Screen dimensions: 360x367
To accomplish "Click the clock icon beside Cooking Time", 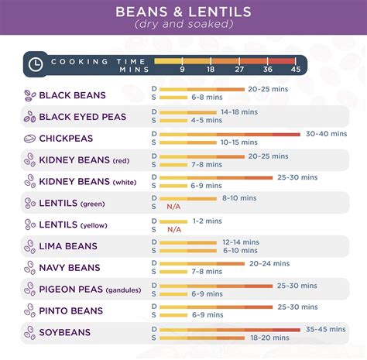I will click(35, 64).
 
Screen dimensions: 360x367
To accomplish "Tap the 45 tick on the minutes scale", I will click(295, 69).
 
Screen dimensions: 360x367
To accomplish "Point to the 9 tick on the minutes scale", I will click(182, 69).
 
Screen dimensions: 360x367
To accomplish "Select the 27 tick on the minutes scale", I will click(238, 69).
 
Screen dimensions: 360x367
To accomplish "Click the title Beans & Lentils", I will click(183, 12).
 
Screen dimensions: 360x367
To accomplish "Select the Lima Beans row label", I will click(68, 246).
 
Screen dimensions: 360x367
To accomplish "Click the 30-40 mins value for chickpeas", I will click(326, 134).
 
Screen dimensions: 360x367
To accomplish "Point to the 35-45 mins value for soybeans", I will click(326, 329).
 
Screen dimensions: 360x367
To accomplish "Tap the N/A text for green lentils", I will click(174, 207).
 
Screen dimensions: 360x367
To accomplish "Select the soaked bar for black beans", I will click(174, 98).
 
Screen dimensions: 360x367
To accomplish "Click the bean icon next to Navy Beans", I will click(29, 268).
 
